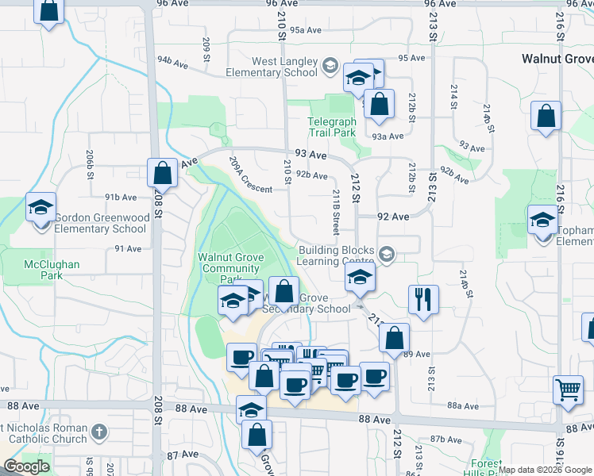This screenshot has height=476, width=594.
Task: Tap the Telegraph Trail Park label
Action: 332,127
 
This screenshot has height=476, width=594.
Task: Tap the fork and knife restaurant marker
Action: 422,300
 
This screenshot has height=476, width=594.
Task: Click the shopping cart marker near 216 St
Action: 568,390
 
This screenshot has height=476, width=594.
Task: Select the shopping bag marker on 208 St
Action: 162,172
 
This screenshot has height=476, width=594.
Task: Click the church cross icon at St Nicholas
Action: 98,432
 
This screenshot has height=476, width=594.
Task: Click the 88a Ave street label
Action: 461,405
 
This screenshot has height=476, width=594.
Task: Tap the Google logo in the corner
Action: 26,466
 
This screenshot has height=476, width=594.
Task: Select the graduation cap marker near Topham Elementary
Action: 543,220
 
